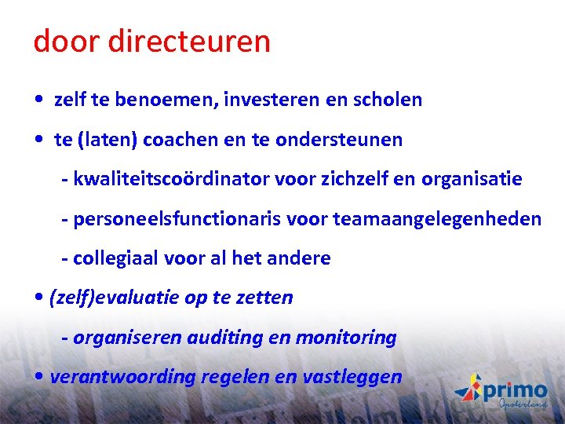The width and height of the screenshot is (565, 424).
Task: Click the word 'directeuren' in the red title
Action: pyautogui.click(x=189, y=42)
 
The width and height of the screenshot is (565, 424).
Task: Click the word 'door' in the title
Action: pyautogui.click(x=66, y=42)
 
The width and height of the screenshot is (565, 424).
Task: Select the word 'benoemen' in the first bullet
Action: pyautogui.click(x=183, y=100)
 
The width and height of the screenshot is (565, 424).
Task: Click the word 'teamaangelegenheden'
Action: pyautogui.click(x=437, y=219)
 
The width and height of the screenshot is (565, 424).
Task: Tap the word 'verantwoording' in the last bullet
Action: pyautogui.click(x=122, y=377)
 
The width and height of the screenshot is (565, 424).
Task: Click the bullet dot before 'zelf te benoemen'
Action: pyautogui.click(x=38, y=101)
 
